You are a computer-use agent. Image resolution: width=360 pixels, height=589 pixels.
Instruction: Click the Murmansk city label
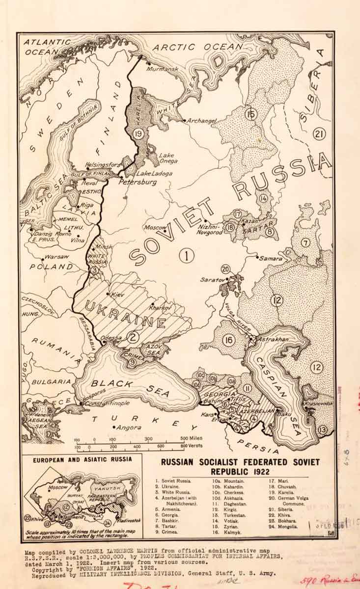point(162,69)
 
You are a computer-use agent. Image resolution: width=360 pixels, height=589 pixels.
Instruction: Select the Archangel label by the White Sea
point(202,120)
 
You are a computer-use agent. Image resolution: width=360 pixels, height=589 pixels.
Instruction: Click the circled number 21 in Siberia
point(320,134)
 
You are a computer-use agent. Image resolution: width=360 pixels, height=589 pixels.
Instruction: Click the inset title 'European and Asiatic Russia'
point(82,460)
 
